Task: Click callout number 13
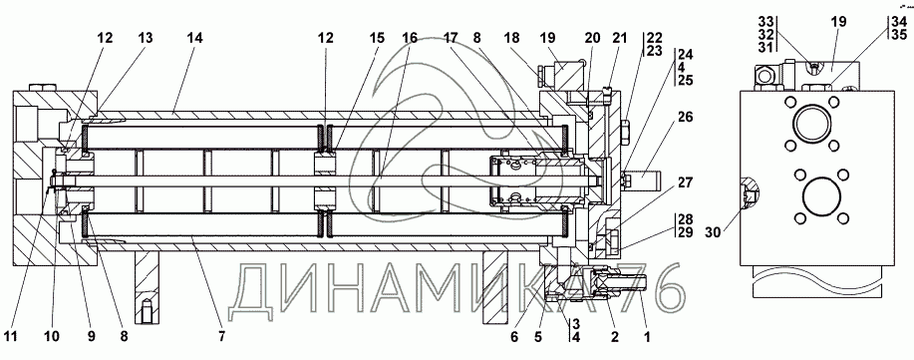pos(146,39)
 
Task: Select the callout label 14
pos(194,39)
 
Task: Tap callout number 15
pos(377,39)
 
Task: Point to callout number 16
pos(410,39)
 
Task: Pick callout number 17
pos(451,39)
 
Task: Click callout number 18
pos(511,39)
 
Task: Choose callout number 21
pos(619,39)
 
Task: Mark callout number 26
pos(686,118)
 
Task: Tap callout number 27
pos(686,183)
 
